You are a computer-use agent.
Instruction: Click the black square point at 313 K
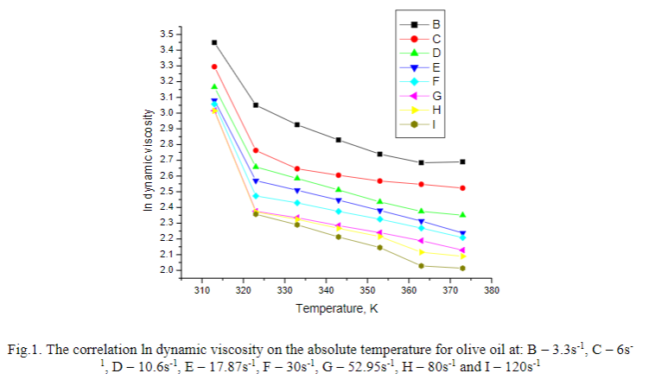tap(214, 42)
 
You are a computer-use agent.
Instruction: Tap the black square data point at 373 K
tap(463, 161)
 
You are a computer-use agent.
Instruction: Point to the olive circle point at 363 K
tap(422, 266)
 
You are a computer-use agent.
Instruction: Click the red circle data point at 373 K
tap(463, 187)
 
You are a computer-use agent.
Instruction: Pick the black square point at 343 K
tap(339, 140)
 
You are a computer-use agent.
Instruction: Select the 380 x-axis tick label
tap(492, 290)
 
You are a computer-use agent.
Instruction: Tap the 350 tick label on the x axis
tap(367, 290)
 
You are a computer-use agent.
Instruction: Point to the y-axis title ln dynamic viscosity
tap(149, 161)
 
